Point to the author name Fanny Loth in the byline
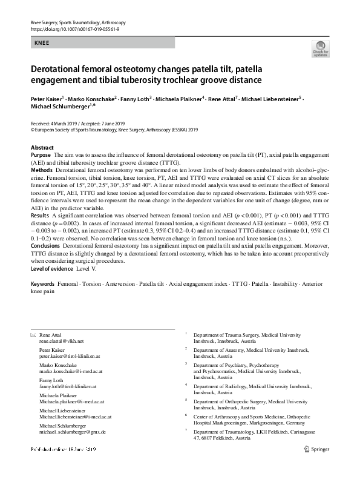click(135, 97)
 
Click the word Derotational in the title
click(57, 69)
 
